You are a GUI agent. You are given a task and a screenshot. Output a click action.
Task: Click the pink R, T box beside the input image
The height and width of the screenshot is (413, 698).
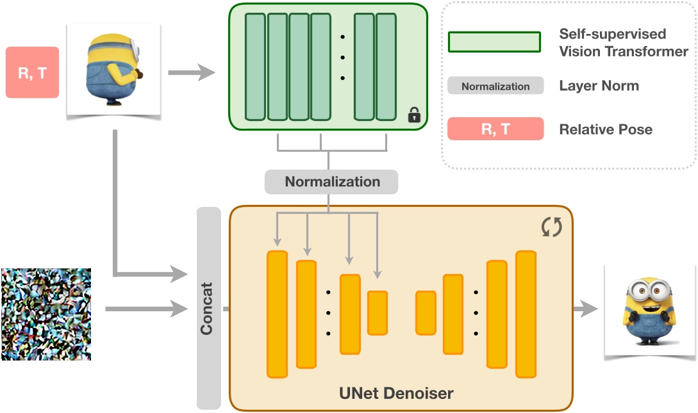(x=32, y=72)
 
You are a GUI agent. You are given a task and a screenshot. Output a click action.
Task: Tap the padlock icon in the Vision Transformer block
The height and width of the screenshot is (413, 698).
(x=414, y=115)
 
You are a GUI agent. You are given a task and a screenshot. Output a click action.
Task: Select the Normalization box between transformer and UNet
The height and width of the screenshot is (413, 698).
(x=331, y=182)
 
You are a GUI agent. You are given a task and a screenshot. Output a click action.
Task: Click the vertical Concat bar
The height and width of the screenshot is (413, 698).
(x=208, y=307)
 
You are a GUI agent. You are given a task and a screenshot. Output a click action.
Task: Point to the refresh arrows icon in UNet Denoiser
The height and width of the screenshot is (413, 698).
(x=551, y=227)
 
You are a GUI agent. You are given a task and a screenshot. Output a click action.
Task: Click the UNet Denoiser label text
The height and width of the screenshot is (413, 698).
(x=395, y=393)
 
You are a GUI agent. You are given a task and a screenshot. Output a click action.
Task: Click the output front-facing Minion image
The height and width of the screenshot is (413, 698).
(x=645, y=311)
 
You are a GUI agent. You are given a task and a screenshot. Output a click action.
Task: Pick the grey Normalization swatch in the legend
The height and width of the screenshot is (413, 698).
(x=495, y=86)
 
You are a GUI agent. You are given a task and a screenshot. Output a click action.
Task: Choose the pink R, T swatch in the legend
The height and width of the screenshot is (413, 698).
(x=495, y=129)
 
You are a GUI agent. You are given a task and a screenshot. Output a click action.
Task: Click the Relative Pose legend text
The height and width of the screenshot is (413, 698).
(x=606, y=129)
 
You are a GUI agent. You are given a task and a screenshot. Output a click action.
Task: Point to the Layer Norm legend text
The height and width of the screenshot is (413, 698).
(x=599, y=86)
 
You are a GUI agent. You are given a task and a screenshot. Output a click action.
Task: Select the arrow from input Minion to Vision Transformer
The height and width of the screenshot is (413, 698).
(x=191, y=73)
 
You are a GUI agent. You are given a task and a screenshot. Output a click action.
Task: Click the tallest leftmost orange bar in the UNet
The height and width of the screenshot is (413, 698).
(x=277, y=314)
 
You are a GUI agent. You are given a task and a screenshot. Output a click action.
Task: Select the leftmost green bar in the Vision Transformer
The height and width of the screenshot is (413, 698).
(x=255, y=66)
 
